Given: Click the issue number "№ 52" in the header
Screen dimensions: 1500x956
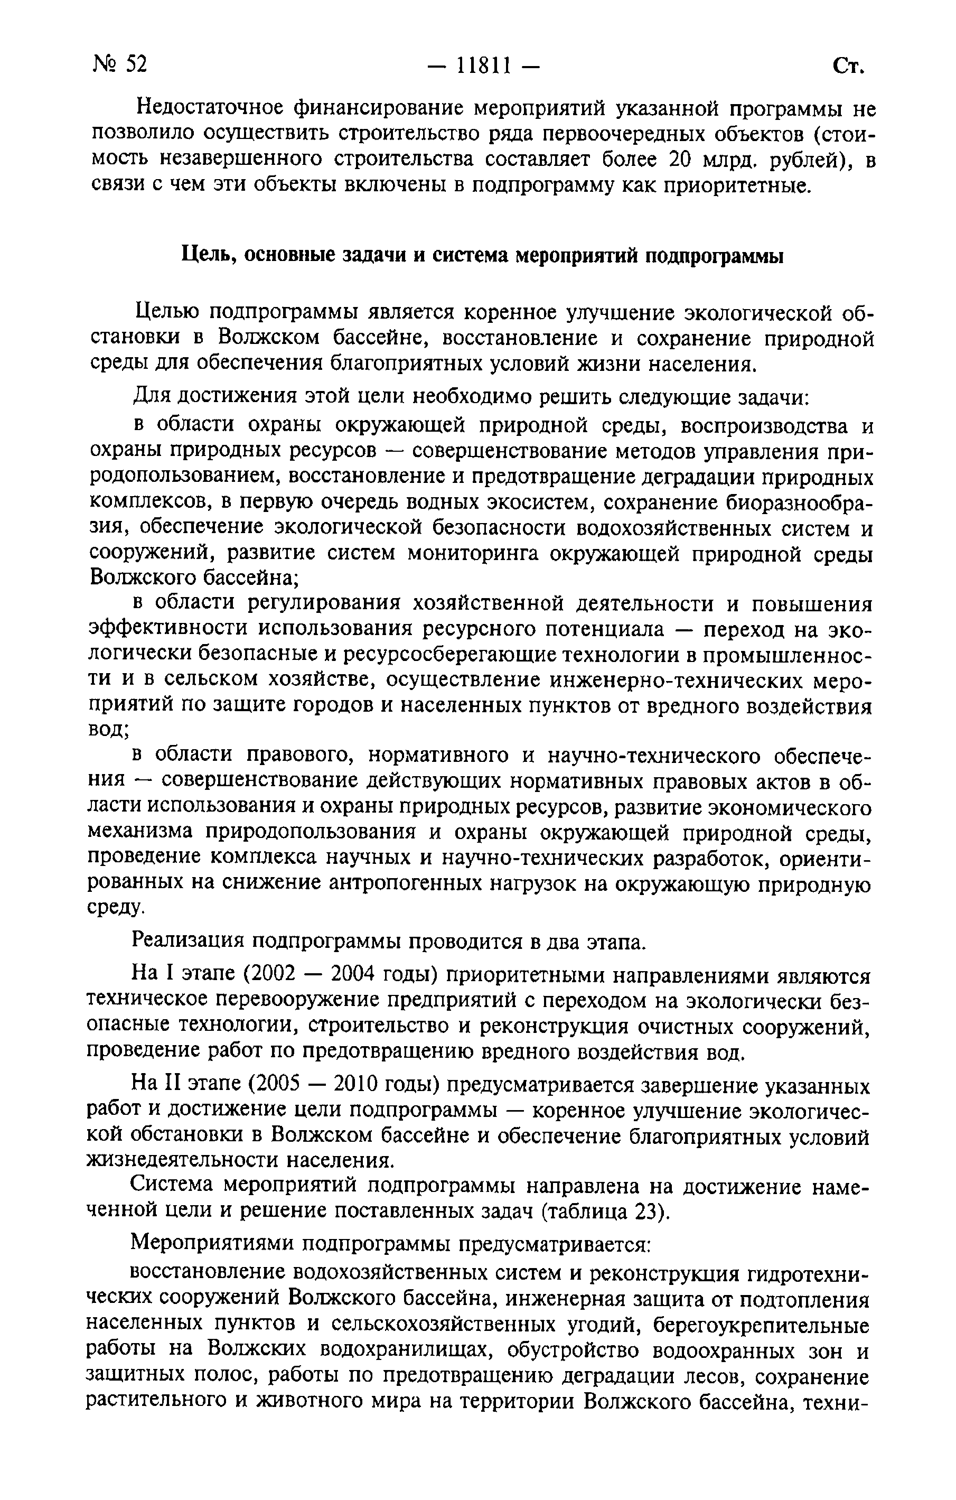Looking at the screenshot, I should pos(120,63).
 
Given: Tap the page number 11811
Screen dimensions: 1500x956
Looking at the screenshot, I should pos(483,65).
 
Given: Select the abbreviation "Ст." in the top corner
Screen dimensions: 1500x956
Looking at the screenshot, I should pos(848,66).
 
